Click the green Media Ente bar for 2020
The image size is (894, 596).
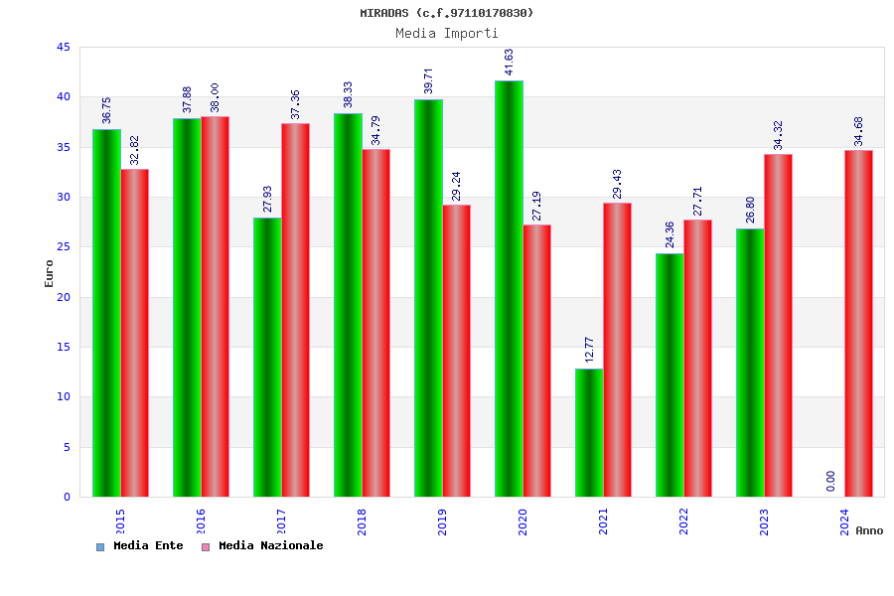pos(509,288)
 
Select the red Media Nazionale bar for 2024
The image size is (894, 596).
pos(858,323)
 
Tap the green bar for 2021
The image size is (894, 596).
pos(589,432)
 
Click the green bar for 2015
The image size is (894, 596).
pos(106,313)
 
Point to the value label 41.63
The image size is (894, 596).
pos(510,62)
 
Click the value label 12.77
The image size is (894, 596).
pos(589,350)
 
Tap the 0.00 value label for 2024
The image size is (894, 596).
pos(830,481)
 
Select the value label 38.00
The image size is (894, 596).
pos(215,97)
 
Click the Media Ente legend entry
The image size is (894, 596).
pos(140,546)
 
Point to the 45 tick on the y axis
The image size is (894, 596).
pos(64,47)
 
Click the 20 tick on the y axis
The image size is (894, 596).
pos(64,297)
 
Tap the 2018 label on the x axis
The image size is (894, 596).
pos(362,522)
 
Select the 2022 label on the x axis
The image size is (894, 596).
pos(683,522)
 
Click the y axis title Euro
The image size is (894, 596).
pos(50,273)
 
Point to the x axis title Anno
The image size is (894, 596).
pos(869,530)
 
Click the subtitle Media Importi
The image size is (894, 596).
pos(447,33)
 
